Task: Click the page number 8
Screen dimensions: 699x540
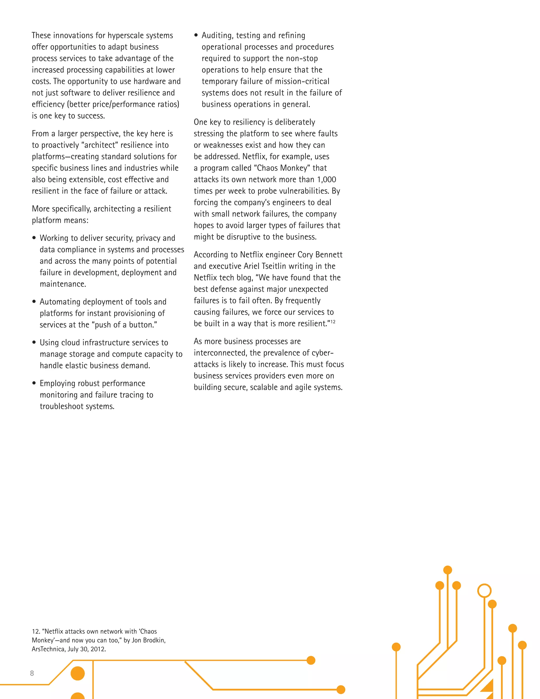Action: coord(32,673)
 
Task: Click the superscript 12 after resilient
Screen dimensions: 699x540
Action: coord(333,322)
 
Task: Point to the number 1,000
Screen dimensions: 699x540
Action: coord(326,180)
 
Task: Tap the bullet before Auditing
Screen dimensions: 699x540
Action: coord(196,35)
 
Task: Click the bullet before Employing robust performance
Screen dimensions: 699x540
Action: coord(34,383)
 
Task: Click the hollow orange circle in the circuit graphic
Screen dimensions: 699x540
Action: coord(484,591)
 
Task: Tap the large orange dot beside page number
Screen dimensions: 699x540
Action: coord(78,673)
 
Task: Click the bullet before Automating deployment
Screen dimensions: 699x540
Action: coord(34,301)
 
